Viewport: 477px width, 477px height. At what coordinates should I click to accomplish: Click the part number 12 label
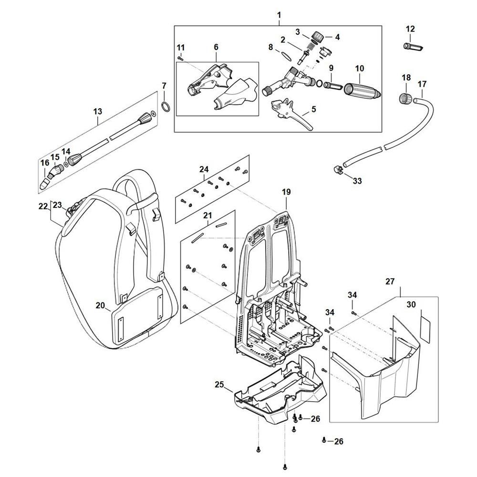click(411, 30)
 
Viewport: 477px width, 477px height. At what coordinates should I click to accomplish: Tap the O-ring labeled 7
click(164, 105)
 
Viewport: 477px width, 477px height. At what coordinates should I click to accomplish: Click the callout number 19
click(286, 192)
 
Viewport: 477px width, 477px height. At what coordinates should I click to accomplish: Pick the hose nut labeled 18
click(405, 100)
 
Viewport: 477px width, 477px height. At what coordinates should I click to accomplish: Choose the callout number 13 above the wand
click(98, 112)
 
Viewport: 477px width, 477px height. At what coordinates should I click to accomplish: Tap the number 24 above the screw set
click(204, 169)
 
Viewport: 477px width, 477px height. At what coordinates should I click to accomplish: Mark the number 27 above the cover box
click(390, 282)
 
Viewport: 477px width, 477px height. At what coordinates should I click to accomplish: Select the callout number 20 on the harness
click(100, 305)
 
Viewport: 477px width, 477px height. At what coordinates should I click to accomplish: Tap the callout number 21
click(207, 216)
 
